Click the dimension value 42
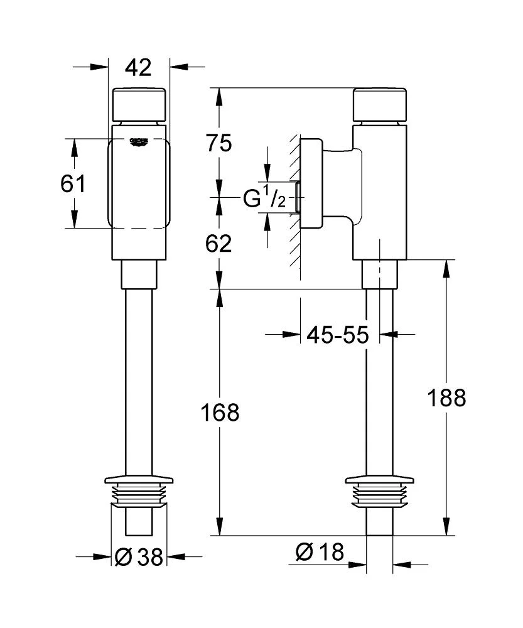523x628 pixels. (x=139, y=67)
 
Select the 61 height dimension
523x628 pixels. (x=73, y=184)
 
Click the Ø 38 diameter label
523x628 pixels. (x=139, y=556)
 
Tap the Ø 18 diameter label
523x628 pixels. (x=320, y=552)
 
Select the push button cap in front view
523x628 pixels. (x=139, y=104)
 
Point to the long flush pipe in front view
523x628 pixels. (x=139, y=377)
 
